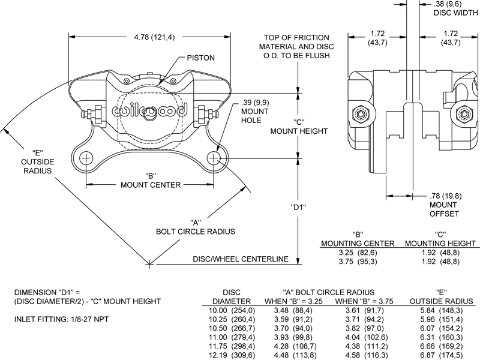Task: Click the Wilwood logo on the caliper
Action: [151, 110]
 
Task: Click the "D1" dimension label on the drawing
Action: [298, 208]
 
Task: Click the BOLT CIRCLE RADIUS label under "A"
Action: [195, 231]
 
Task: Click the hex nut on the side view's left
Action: [362, 112]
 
